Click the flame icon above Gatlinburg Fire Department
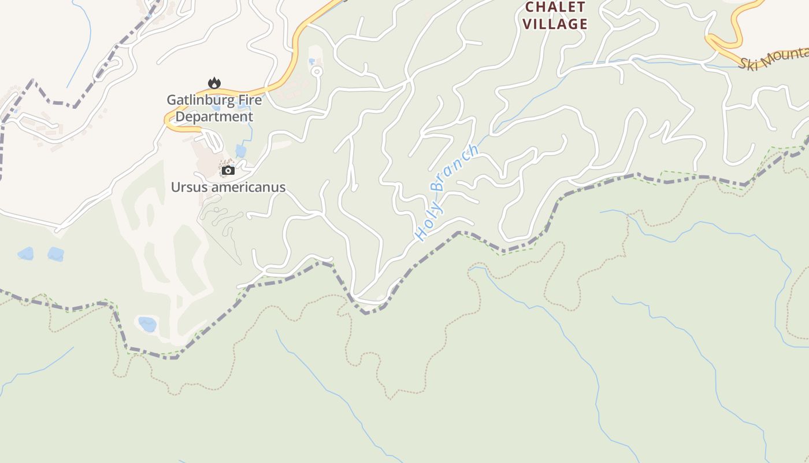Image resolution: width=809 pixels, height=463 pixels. pos(214,83)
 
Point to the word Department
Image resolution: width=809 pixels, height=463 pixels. pos(214,116)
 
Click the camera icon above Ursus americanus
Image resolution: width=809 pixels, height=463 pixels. pos(228,170)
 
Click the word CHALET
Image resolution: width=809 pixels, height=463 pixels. pos(555,8)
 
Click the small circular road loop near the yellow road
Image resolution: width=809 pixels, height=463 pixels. pos(317,72)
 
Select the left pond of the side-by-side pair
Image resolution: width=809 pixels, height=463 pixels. pos(25,253)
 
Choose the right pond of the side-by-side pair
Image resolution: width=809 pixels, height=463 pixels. pos(56,254)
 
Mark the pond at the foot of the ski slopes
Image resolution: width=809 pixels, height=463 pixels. pos(147,324)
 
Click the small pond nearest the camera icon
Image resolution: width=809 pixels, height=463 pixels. pos(240,152)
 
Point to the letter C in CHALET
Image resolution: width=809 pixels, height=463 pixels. pos(530,8)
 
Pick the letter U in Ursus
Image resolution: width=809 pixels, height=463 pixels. pos(175,187)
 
